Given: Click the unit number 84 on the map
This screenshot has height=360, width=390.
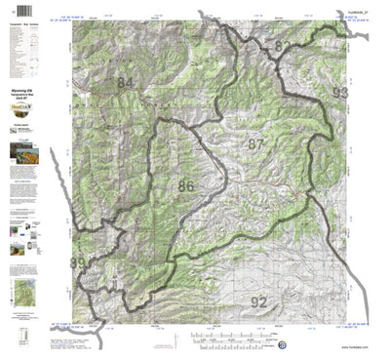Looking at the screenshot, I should point(125,84).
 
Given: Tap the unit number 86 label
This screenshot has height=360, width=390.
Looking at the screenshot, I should point(186,183).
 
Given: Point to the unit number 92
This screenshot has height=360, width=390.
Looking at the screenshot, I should point(258,300).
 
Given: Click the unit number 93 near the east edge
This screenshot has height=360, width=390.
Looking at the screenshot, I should point(339,94).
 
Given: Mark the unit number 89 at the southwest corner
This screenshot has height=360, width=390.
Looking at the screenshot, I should point(76,263).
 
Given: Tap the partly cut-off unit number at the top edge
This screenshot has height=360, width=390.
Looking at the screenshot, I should point(282,47).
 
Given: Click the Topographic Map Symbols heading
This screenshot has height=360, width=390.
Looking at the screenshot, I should point(26,20).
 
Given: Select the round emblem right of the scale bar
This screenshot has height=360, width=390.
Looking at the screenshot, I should point(282,343).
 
